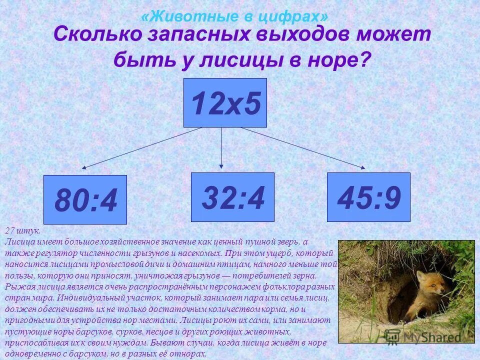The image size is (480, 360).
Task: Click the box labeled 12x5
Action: [x=225, y=102]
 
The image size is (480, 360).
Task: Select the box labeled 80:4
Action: [x=85, y=199]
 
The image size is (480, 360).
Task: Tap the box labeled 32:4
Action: [x=232, y=197]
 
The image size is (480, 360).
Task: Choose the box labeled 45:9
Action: [x=368, y=197]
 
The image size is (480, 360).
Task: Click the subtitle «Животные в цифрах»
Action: [x=238, y=16]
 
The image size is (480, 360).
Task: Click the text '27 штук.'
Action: [x=22, y=231]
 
